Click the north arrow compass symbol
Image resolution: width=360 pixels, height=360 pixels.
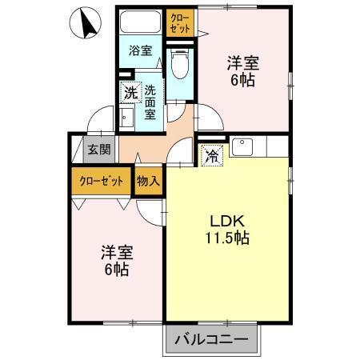(x=86, y=23)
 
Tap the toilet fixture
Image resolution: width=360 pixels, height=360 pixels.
(x=181, y=63)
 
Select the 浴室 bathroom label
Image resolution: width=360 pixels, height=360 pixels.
(x=141, y=50)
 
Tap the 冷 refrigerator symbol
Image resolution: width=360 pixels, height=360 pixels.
(x=212, y=155)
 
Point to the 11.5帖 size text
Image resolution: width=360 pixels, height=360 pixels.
(x=226, y=238)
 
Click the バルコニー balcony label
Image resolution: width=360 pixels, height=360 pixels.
(x=213, y=339)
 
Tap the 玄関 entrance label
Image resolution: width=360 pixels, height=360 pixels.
(x=99, y=149)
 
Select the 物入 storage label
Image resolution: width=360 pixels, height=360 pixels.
(x=149, y=181)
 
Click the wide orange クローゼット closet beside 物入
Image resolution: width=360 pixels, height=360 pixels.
(x=102, y=181)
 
